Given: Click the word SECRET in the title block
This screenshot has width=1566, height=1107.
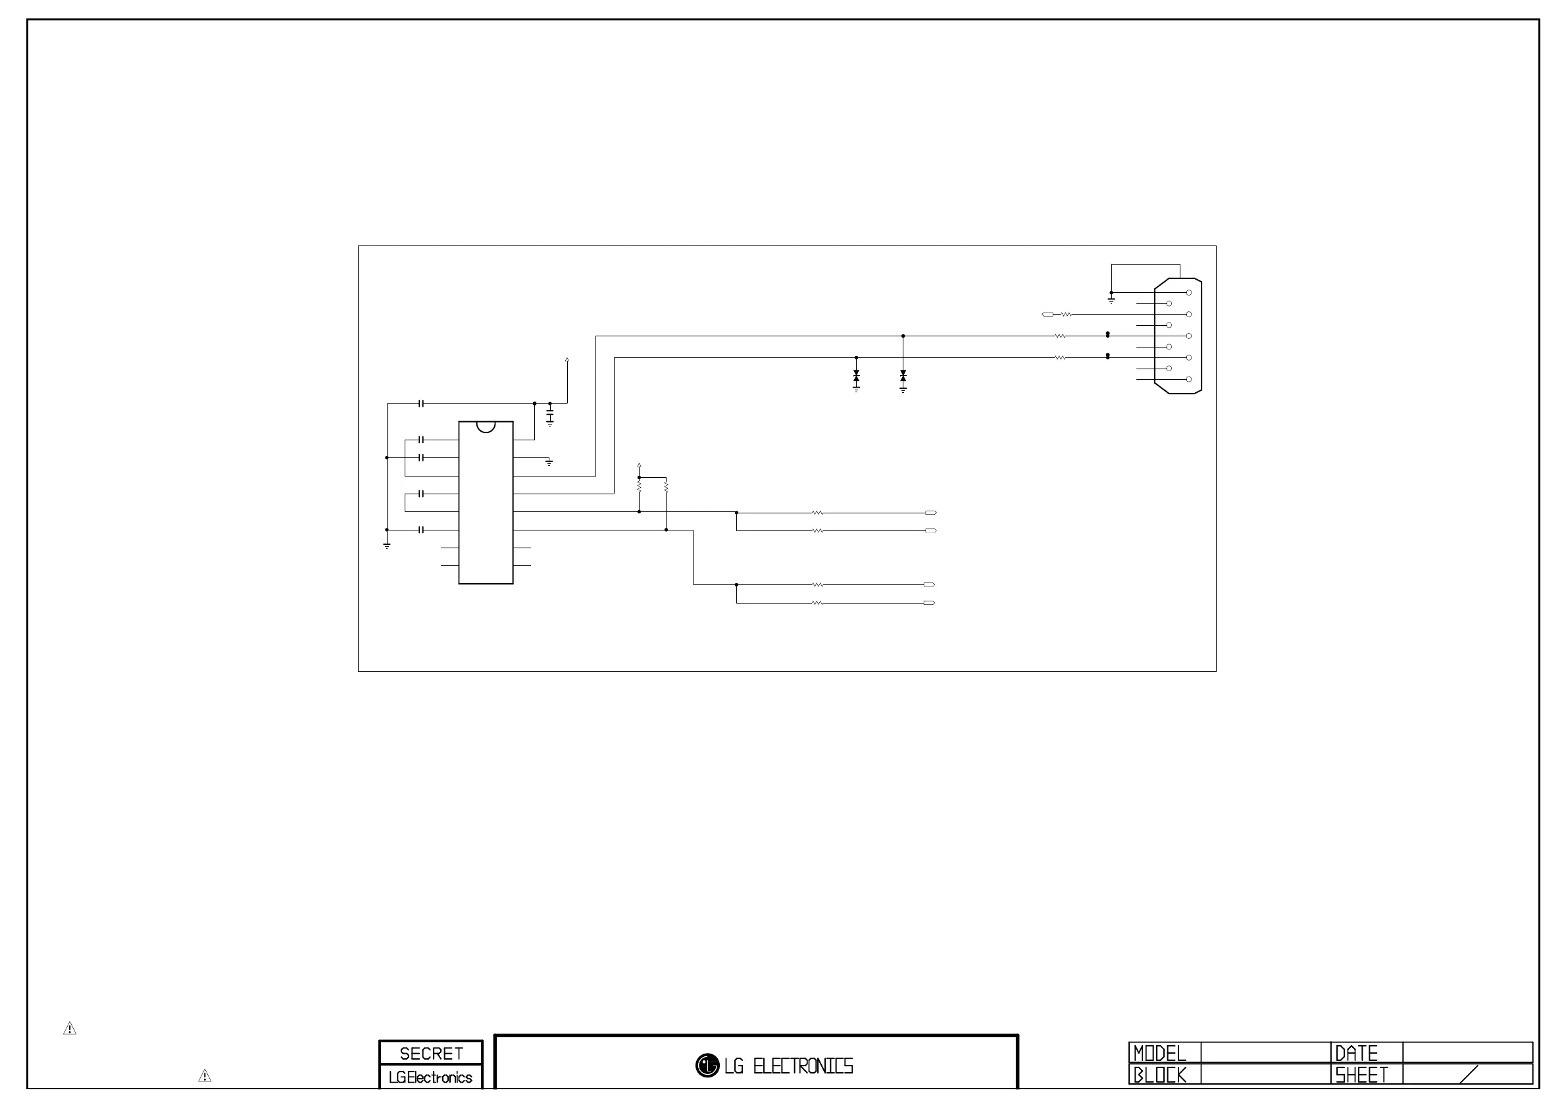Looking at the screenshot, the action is pos(431,1054).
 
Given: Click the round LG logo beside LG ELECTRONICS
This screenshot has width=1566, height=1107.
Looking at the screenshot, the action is pos(707,1066).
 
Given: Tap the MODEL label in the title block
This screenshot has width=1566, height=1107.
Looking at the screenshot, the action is pos(1160,1054).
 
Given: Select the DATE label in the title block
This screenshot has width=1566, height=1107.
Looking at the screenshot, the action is pos(1357,1054).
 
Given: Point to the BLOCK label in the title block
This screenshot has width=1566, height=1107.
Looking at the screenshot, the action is pos(1160,1075).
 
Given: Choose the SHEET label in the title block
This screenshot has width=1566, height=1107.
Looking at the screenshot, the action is pos(1361,1075).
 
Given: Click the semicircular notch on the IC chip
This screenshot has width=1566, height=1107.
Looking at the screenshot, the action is pos(486,426).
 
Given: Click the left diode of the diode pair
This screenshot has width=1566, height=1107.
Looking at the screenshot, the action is pos(856,376).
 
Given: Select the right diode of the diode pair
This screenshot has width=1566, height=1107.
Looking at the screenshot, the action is pos(903,376).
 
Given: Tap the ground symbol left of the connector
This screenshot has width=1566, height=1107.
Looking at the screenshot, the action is pos(1111,300).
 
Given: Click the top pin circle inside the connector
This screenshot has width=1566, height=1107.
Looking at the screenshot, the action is pos(1189,293).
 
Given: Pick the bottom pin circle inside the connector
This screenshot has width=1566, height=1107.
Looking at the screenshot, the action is pos(1189,379).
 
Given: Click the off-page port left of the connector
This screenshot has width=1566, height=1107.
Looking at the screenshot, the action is pos(1048,315).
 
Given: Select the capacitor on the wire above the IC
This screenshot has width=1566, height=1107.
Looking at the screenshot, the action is pos(422,404).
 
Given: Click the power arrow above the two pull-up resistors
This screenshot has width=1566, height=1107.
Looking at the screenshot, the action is pos(639,465).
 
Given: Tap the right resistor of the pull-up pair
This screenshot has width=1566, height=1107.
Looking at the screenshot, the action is pos(666,487).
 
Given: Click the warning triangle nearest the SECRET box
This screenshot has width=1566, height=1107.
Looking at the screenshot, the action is pos(205,1076).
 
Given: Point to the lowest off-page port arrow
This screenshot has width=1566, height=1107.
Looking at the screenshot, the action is pos(929,603).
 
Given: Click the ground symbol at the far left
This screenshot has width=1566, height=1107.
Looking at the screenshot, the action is pos(387,545).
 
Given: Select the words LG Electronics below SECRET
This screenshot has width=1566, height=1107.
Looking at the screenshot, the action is pos(430,1077).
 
